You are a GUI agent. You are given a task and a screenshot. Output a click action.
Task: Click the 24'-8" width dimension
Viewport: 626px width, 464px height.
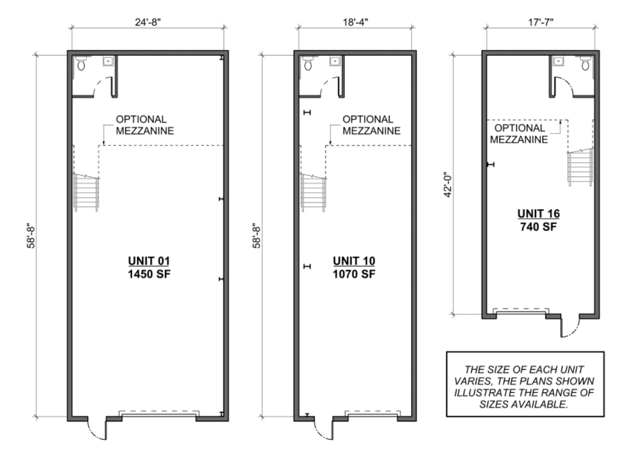pyautogui.click(x=148, y=22)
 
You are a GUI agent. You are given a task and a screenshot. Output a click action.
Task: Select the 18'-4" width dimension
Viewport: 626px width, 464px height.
pyautogui.click(x=355, y=22)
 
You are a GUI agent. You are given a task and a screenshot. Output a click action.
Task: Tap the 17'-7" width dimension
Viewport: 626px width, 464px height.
pyautogui.click(x=540, y=22)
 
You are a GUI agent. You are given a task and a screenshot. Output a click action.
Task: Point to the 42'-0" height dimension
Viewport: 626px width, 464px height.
pyautogui.click(x=448, y=185)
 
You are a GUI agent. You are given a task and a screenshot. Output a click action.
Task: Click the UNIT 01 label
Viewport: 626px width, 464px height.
pyautogui.click(x=149, y=261)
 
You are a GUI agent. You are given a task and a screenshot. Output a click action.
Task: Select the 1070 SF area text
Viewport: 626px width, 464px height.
pyautogui.click(x=354, y=274)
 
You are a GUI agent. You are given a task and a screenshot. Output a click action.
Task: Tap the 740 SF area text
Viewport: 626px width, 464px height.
pyautogui.click(x=539, y=227)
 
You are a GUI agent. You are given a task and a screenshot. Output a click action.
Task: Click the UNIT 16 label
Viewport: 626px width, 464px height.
pyautogui.click(x=539, y=214)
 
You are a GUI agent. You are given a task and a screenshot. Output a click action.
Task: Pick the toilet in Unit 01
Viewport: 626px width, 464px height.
pyautogui.click(x=81, y=63)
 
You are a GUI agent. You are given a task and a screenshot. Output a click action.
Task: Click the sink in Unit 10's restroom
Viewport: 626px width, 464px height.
pyautogui.click(x=335, y=61)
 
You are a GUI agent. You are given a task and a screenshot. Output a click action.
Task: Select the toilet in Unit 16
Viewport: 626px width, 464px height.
pyautogui.click(x=585, y=63)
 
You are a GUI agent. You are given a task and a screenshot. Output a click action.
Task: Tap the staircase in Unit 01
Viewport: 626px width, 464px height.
pyautogui.click(x=86, y=192)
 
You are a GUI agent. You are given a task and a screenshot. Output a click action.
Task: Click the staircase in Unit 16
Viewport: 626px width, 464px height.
pyautogui.click(x=580, y=167)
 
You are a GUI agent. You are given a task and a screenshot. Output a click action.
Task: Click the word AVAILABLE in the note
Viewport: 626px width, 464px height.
pyautogui.click(x=539, y=404)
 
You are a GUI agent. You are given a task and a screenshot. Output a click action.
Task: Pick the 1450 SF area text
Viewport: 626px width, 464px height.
pyautogui.click(x=149, y=274)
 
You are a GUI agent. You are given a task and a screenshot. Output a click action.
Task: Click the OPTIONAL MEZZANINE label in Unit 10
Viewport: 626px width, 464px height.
pyautogui.click(x=371, y=125)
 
